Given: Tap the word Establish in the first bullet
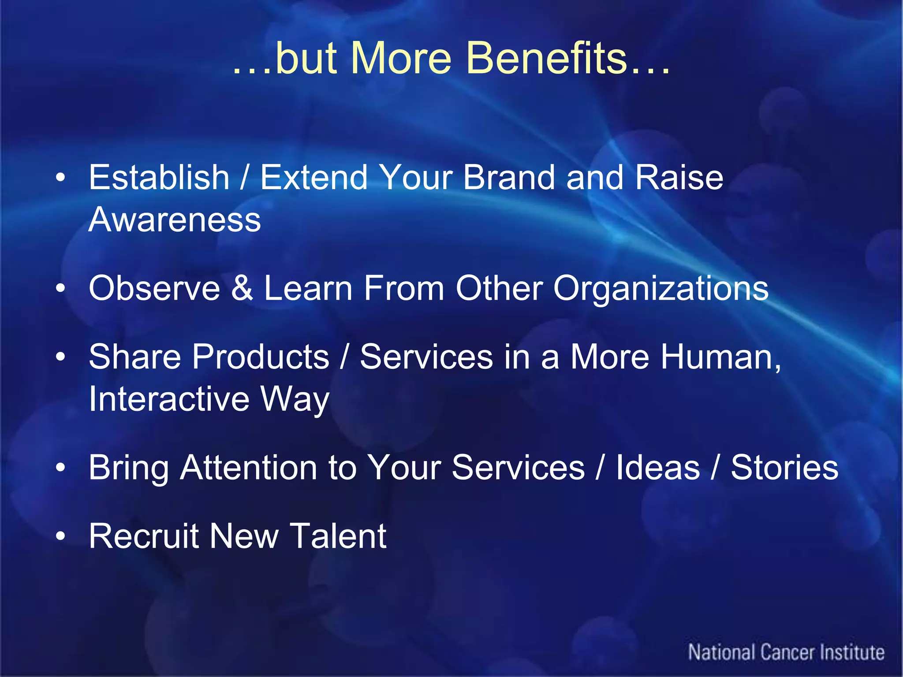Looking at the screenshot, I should click(159, 178).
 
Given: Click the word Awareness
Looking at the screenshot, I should click(175, 220).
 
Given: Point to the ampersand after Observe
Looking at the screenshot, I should click(242, 288).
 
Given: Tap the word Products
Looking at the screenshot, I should click(261, 357).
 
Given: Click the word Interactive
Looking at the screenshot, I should click(169, 399).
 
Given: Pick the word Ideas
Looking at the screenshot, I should click(657, 468).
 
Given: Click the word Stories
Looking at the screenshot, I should click(784, 468).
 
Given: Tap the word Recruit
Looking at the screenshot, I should click(144, 536).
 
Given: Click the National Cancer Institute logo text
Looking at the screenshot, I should click(786, 652).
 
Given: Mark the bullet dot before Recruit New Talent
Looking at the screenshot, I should click(60, 536).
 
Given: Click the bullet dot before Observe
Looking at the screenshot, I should click(60, 289).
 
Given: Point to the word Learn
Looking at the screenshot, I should click(308, 288).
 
